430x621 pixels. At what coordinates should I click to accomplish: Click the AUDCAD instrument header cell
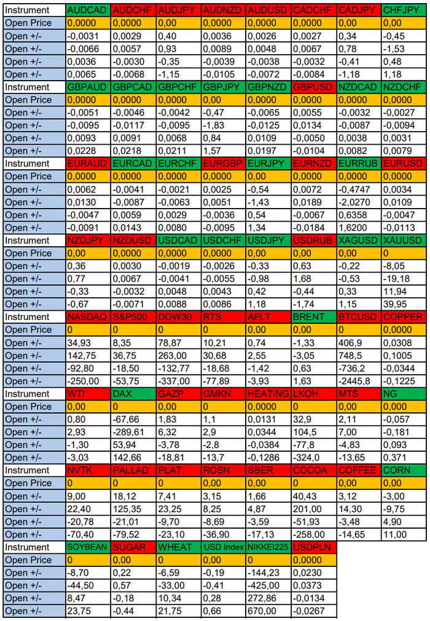[x=87, y=10]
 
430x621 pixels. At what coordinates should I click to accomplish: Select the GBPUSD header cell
[x=313, y=87]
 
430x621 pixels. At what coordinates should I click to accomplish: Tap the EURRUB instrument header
[x=358, y=164]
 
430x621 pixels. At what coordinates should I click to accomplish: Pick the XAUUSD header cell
[x=403, y=241]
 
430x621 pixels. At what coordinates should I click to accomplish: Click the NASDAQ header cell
[x=87, y=317]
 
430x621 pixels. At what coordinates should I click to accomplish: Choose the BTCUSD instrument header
[x=358, y=317]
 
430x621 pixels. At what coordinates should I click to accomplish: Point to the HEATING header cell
[x=268, y=394]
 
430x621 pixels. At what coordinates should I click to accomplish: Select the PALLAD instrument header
[x=133, y=470]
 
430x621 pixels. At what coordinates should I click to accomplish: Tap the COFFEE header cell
[x=358, y=470]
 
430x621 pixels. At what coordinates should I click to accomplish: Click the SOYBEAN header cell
[x=87, y=547]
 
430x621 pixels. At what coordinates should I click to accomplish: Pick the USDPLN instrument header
[x=313, y=547]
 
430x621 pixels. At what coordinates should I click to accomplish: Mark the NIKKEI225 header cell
[x=268, y=547]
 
